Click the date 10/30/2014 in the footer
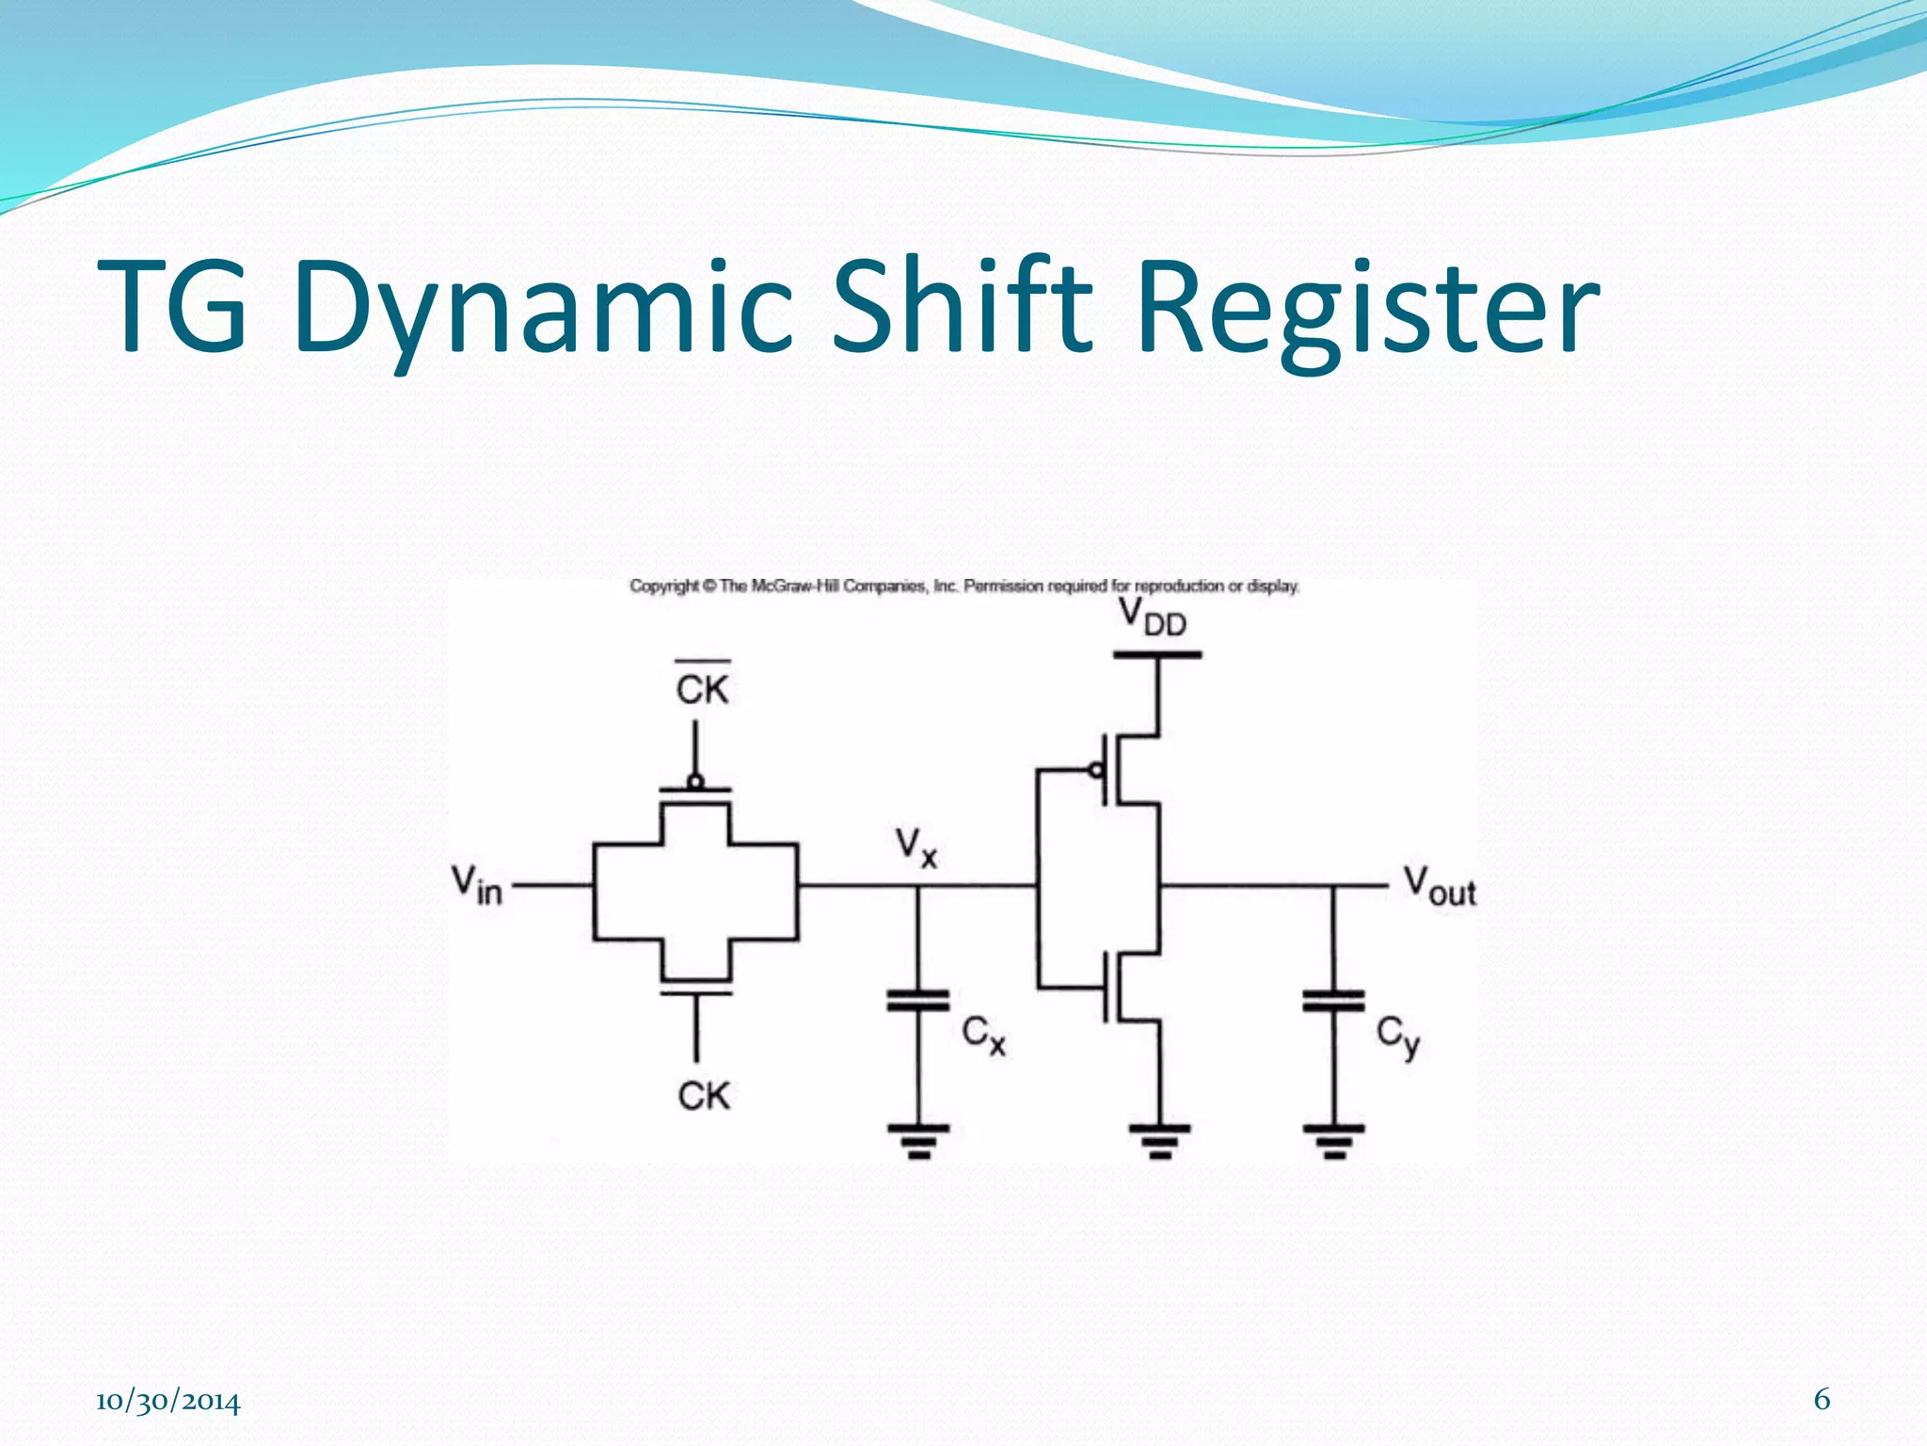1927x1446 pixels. pos(168,1402)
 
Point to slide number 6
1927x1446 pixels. pos(1822,1400)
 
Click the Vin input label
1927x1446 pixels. pos(476,885)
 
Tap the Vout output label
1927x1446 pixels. pos(1439,886)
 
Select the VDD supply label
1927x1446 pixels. pos(1153,618)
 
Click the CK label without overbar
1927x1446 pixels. pos(703,1096)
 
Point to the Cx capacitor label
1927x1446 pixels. pos(983,1036)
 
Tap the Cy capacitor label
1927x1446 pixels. pos(1397,1036)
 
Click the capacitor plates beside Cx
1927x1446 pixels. pos(917,1000)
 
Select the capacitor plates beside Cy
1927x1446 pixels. pos(1333,1000)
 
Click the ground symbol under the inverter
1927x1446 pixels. pos(1159,1140)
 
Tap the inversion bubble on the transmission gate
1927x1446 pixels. pos(695,781)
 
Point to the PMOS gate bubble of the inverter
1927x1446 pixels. pos(1095,771)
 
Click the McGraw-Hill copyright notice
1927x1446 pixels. pos(963,586)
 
